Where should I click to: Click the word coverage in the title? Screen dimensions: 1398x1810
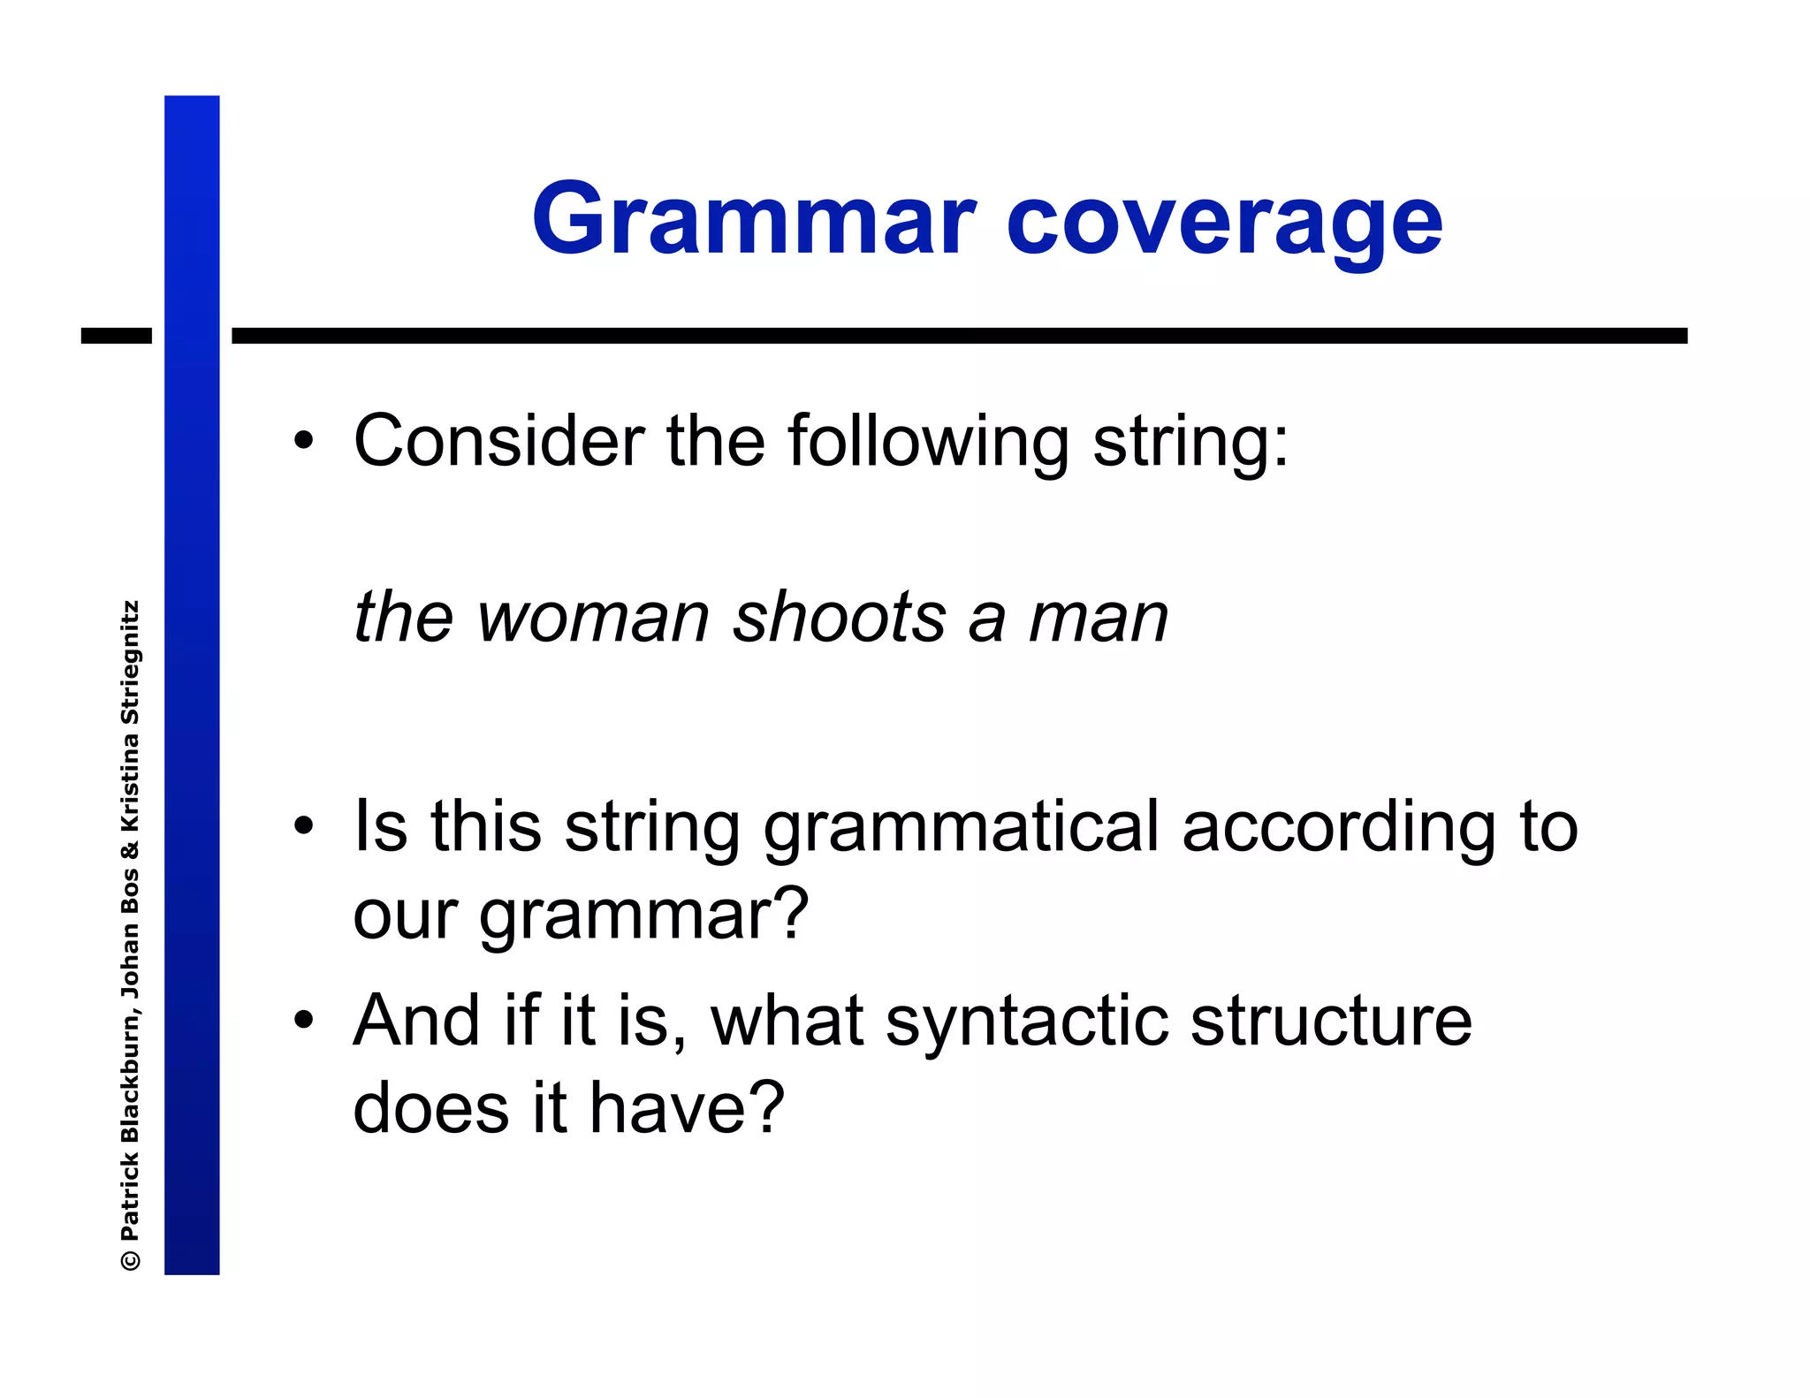(x=1223, y=221)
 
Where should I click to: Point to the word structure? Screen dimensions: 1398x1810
(x=1330, y=1022)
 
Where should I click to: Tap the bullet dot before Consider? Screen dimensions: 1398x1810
(x=303, y=440)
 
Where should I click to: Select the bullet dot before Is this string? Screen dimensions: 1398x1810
(x=303, y=827)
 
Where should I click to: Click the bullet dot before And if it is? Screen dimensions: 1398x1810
(x=303, y=1021)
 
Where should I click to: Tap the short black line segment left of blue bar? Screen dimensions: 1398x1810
(x=116, y=336)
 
